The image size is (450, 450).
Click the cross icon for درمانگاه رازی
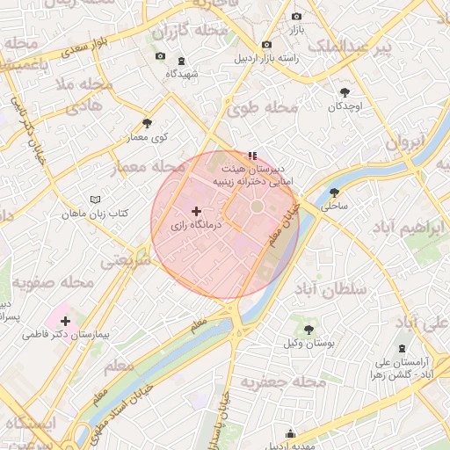195,211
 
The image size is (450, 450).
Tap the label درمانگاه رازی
194,226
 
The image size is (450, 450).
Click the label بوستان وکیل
308,343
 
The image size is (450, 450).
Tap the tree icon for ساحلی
334,192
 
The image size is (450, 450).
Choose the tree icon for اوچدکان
345,92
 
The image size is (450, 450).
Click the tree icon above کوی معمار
147,124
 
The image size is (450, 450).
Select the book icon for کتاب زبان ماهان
96,200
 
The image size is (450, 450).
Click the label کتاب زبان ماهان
95,214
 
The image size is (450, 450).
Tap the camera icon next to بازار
296,16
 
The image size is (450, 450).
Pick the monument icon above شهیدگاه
181,61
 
